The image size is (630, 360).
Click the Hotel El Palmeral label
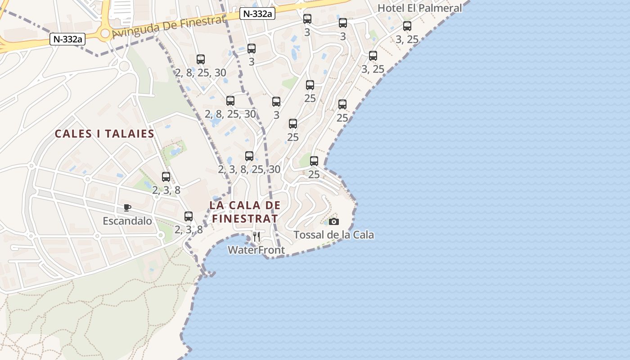(419, 8)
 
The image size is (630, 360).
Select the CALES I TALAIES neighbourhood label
(104, 134)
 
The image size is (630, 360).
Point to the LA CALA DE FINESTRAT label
(245, 211)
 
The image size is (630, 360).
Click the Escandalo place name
(127, 221)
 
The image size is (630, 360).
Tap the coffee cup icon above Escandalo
(127, 207)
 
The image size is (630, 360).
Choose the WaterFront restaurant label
(256, 250)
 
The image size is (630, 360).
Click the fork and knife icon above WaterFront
(256, 237)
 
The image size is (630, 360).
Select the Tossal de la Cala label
(333, 234)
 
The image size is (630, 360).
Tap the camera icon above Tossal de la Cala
(333, 221)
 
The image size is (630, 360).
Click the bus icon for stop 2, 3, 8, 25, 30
(249, 156)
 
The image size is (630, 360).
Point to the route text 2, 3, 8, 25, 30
(249, 169)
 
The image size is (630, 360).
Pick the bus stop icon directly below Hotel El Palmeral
(407, 26)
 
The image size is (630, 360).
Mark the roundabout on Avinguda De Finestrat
(105, 33)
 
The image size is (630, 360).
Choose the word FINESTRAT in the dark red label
(245, 218)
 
